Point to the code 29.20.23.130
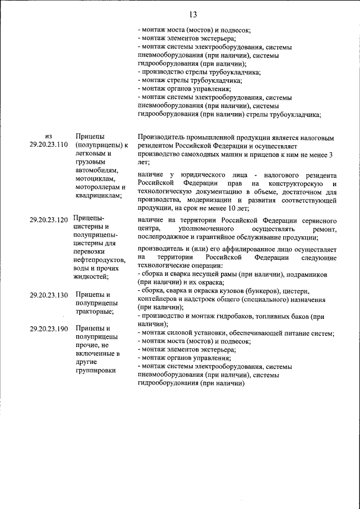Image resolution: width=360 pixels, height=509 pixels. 48,295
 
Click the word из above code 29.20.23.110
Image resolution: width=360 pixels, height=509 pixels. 48,136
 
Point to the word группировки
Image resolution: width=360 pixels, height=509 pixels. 95,371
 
